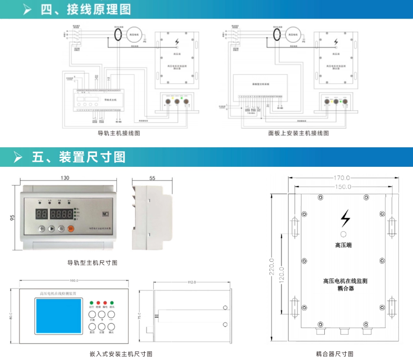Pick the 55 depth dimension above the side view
pos(152,178)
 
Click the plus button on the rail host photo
pos(41,229)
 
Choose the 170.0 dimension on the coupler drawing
pos(342,178)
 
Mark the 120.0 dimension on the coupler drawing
pos(282,275)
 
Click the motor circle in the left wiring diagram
pos(135,34)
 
